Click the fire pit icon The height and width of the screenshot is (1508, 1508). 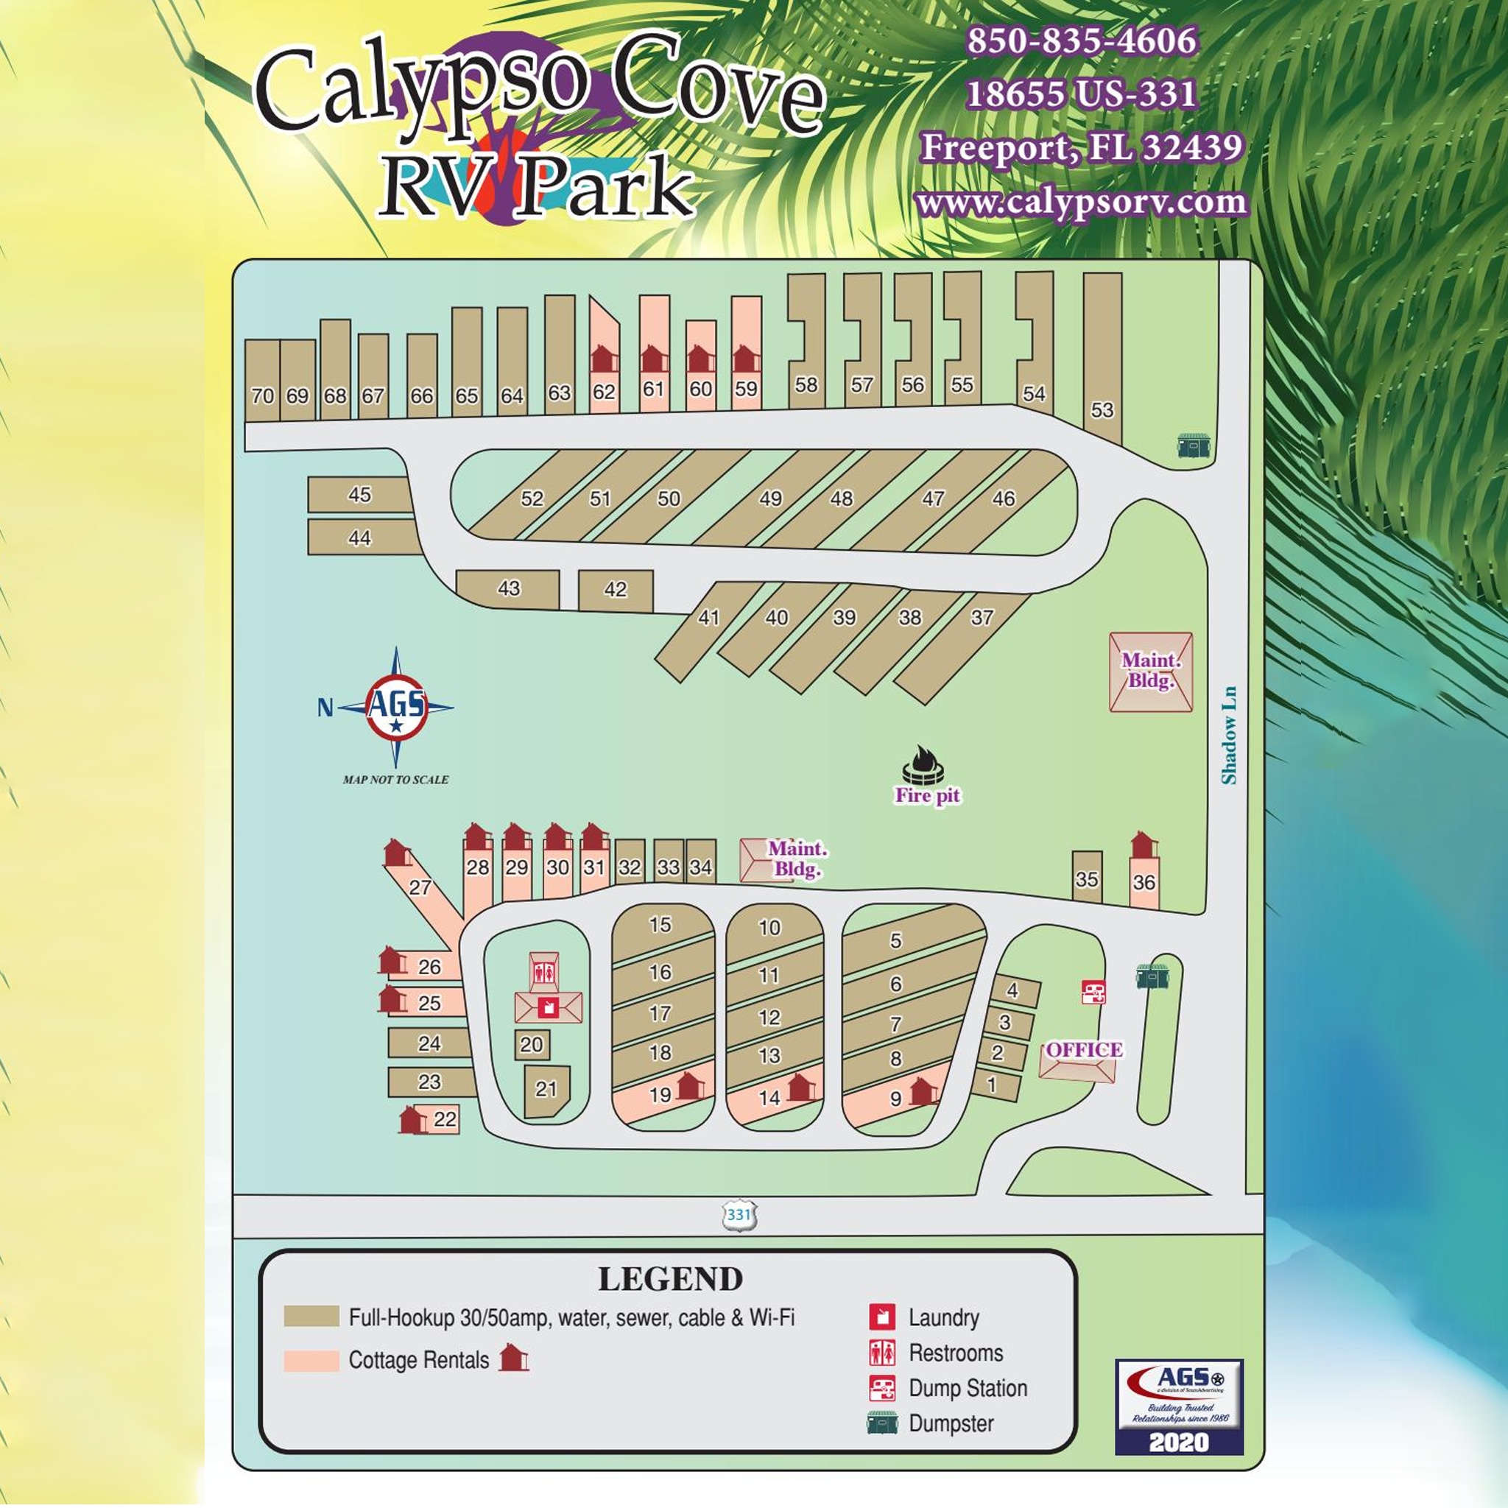tap(923, 765)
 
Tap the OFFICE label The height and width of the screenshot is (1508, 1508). tap(1083, 1050)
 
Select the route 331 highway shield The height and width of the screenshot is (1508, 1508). tap(739, 1215)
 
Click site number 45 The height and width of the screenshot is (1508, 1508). tap(359, 495)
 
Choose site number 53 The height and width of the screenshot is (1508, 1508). tap(1102, 410)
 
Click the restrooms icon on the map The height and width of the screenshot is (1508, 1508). tap(544, 973)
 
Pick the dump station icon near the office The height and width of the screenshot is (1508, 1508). tap(1093, 992)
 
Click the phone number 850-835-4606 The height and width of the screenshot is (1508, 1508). tap(1081, 41)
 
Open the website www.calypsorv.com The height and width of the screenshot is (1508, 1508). tap(1081, 203)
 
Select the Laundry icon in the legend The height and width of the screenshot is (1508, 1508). tap(882, 1317)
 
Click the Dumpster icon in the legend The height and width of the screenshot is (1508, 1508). tap(882, 1423)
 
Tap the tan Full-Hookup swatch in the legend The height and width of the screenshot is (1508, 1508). tap(311, 1316)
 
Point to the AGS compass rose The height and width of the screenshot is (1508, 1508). tap(397, 706)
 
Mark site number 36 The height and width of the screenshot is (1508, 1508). tap(1144, 883)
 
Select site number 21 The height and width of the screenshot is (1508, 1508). tap(546, 1089)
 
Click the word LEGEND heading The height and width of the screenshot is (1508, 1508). tap(670, 1279)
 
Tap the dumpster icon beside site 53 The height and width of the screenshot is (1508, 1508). tap(1194, 445)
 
